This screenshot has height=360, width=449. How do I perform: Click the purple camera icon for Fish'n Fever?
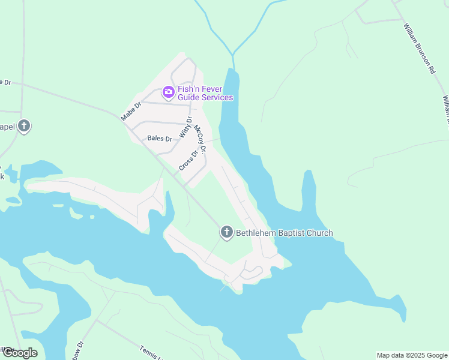coord(168,92)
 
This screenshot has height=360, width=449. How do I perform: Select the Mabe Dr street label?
coord(130,112)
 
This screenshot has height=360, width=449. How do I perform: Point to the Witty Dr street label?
coord(185,128)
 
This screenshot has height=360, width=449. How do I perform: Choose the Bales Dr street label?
coord(160,139)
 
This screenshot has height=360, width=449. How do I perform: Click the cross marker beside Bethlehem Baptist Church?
coord(226,233)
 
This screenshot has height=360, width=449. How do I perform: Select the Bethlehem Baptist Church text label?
coord(284,233)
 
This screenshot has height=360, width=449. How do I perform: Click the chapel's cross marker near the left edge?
coord(23,127)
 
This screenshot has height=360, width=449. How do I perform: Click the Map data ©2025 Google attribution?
coord(412,355)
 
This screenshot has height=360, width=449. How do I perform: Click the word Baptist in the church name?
coord(291,233)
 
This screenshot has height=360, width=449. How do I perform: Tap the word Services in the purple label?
coord(217,97)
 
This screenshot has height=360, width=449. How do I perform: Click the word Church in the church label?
coord(319,233)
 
